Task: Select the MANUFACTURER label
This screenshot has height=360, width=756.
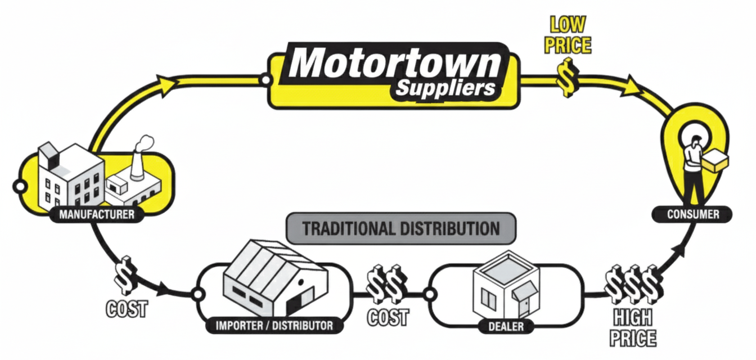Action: (x=96, y=214)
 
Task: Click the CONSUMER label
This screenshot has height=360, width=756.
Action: (x=692, y=214)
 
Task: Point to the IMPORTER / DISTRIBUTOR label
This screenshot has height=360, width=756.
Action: (x=274, y=325)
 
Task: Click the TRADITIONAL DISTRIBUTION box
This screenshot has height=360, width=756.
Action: (x=401, y=228)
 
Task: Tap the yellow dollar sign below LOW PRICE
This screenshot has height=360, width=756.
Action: (x=567, y=76)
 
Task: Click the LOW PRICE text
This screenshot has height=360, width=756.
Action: (x=568, y=35)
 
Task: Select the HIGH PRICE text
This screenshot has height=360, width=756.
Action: (x=633, y=327)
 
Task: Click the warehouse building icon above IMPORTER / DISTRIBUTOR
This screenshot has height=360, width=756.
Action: (x=274, y=278)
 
